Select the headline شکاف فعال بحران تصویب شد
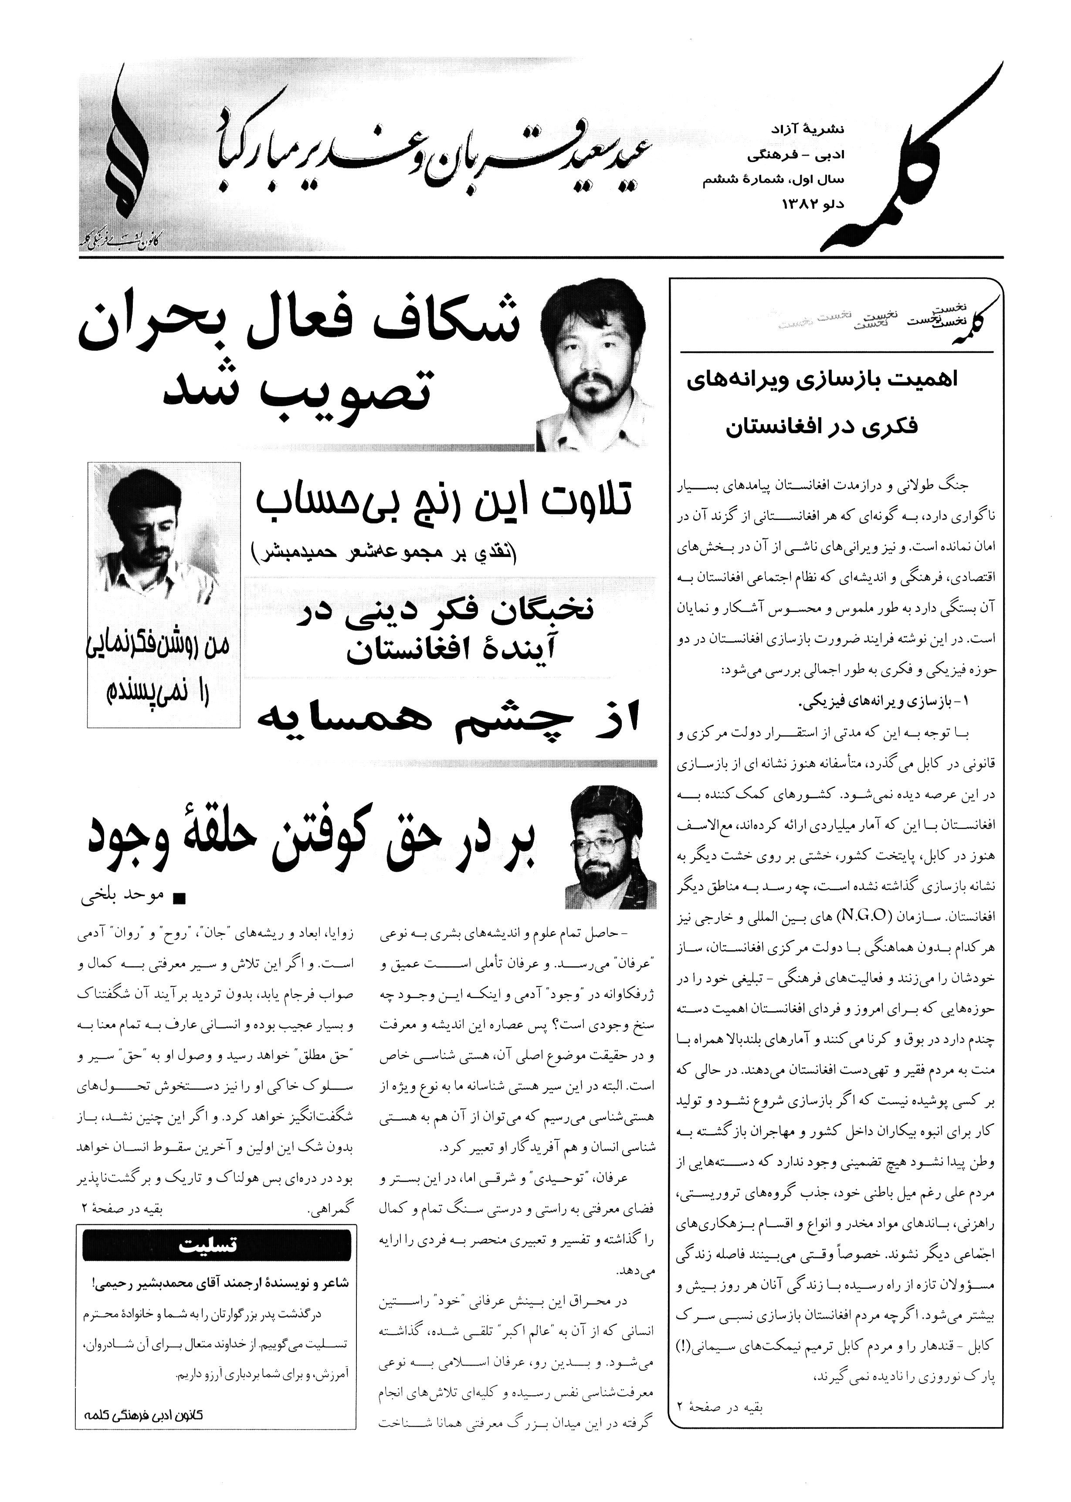tap(300, 360)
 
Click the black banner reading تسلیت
tap(216, 1245)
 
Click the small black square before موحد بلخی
tap(178, 898)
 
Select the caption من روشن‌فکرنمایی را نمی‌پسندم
tap(163, 669)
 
